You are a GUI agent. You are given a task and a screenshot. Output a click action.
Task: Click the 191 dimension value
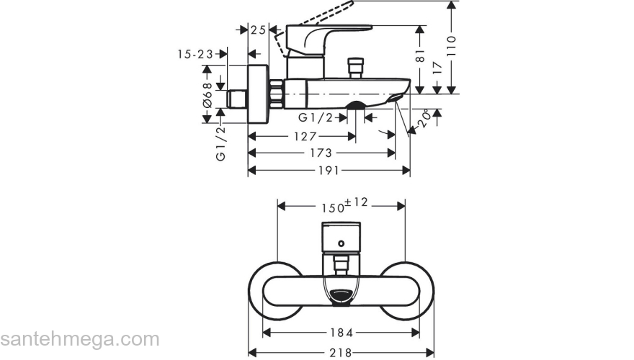pyautogui.click(x=329, y=171)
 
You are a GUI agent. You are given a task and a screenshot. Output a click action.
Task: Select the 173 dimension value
pyautogui.click(x=321, y=153)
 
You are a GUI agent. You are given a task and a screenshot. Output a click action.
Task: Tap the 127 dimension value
pyautogui.click(x=305, y=136)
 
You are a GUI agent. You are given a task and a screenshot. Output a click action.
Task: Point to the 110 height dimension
pyautogui.click(x=452, y=47)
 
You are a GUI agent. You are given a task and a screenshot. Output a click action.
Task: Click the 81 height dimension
pyautogui.click(x=421, y=55)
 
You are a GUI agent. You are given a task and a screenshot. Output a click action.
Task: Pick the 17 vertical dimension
pyautogui.click(x=437, y=70)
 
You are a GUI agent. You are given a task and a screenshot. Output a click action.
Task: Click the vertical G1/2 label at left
pyautogui.click(x=221, y=140)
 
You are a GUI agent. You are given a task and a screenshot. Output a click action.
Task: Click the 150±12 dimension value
pyautogui.click(x=344, y=205)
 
